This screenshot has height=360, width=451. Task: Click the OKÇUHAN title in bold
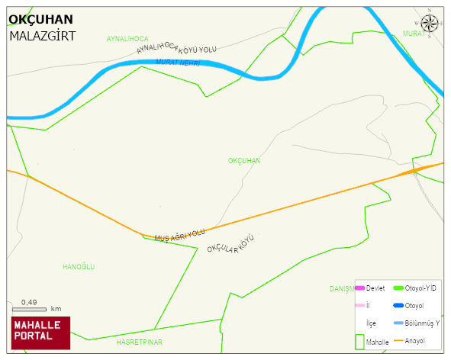(x=40, y=19)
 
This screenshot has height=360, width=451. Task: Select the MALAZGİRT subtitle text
(x=43, y=36)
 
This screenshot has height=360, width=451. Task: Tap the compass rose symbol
(x=430, y=24)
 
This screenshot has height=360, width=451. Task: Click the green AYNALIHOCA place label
(x=127, y=38)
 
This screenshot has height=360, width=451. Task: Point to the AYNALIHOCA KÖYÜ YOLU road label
(x=177, y=48)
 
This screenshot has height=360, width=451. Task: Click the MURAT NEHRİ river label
(x=177, y=63)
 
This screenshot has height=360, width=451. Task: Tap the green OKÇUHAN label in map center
(x=244, y=161)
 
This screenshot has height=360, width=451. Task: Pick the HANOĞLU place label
(x=79, y=266)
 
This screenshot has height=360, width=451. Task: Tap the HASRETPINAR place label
(x=140, y=342)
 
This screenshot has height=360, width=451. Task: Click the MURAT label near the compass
(x=413, y=34)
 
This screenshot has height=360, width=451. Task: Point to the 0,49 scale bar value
(x=30, y=302)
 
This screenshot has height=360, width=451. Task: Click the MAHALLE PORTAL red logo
(x=40, y=332)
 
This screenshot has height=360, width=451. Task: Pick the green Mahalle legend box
(x=360, y=341)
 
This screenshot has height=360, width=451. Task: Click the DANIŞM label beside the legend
(x=342, y=289)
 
